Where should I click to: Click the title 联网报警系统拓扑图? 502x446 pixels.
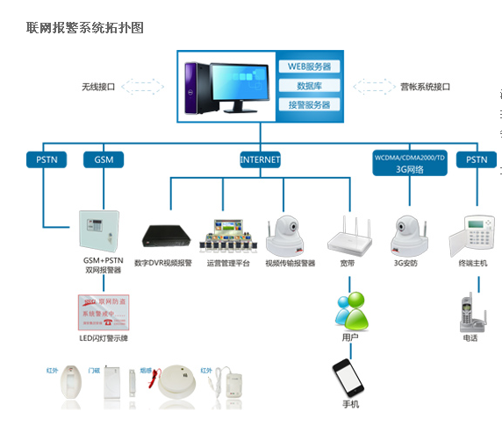(85, 28)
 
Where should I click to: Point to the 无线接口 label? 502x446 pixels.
(98, 87)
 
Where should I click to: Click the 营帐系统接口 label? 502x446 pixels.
(425, 87)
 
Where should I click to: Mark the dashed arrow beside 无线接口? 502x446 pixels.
(142, 87)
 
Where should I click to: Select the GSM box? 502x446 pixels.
(104, 160)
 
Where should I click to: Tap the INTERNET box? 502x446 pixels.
(260, 160)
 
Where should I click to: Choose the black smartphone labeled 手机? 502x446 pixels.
(348, 377)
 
